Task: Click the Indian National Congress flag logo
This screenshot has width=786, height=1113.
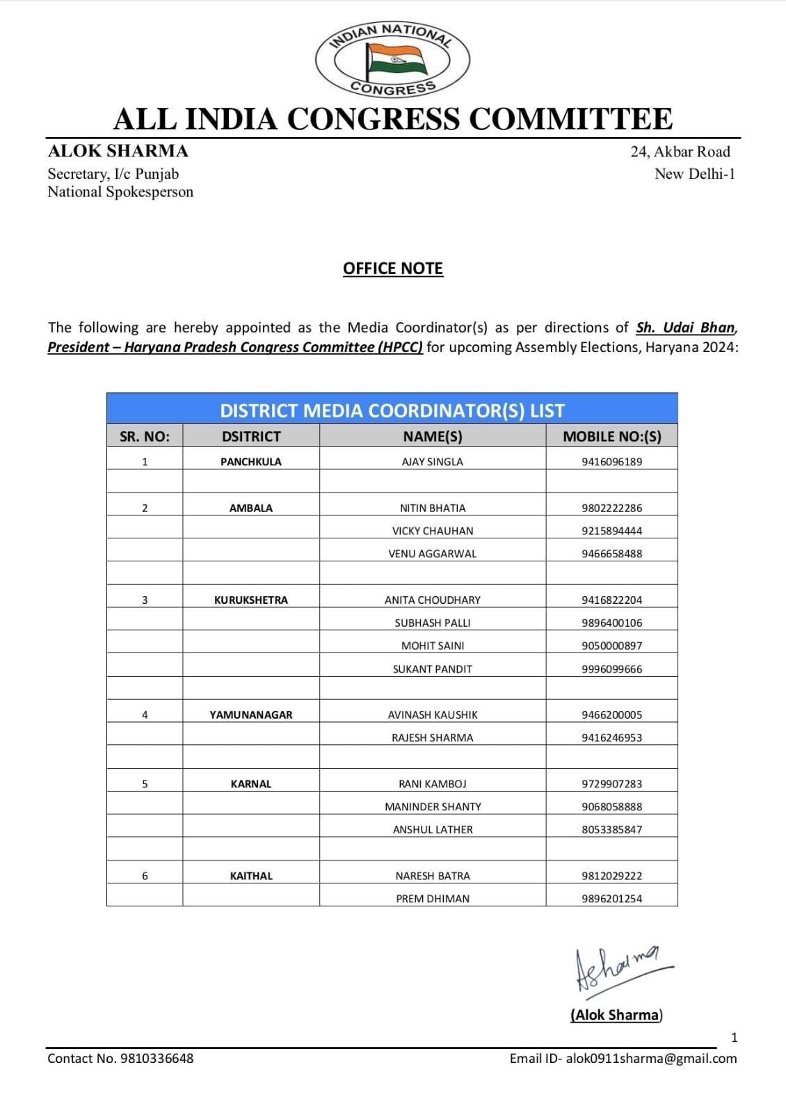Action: tap(393, 59)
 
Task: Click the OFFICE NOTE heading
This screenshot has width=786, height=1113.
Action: tap(393, 269)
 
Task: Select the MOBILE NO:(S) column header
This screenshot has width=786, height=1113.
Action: tap(611, 436)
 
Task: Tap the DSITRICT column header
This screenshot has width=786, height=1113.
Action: tap(251, 436)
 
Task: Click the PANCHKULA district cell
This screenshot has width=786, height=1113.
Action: tap(251, 462)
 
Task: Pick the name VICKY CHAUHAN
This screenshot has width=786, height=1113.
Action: tap(433, 531)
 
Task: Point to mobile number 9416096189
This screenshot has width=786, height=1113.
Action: tap(611, 462)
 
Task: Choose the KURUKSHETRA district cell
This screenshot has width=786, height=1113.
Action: tap(251, 600)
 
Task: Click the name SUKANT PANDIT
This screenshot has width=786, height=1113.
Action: tap(433, 669)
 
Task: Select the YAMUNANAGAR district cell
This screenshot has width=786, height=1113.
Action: tap(251, 714)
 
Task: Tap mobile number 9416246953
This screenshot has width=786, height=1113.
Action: tap(611, 737)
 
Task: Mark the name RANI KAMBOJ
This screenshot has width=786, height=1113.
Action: tap(433, 784)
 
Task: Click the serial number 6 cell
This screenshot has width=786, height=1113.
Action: tap(145, 876)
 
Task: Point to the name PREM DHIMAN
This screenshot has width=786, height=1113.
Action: tap(433, 899)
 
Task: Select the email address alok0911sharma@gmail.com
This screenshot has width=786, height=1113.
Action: tap(651, 1059)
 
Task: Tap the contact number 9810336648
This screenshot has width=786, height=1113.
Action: tap(157, 1059)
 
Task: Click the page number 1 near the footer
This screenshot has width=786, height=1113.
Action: tap(735, 1038)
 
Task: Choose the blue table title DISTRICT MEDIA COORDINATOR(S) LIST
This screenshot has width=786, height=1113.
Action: tap(392, 410)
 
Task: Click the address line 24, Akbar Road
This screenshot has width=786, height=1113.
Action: tap(680, 152)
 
